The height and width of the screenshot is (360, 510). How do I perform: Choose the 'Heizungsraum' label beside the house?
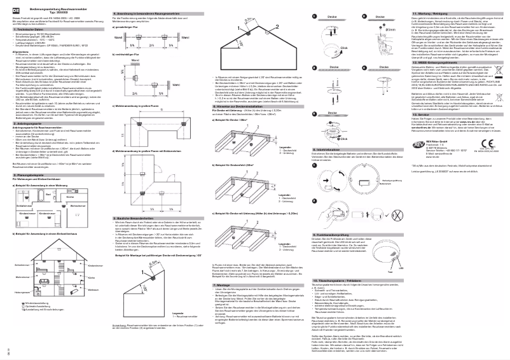21,291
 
